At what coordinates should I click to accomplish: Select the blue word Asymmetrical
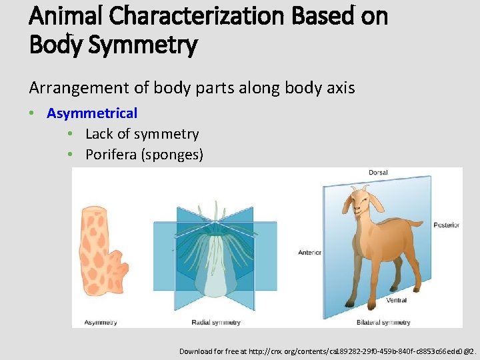click(x=92, y=113)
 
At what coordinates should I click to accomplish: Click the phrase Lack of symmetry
click(x=142, y=134)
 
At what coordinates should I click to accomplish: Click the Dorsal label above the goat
click(x=378, y=173)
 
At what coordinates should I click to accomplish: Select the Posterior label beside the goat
click(x=446, y=225)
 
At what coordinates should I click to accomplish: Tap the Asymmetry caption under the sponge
click(x=100, y=323)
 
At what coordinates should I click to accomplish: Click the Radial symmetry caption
click(x=216, y=323)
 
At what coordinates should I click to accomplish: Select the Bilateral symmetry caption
click(x=383, y=323)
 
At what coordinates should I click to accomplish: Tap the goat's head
click(x=361, y=201)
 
